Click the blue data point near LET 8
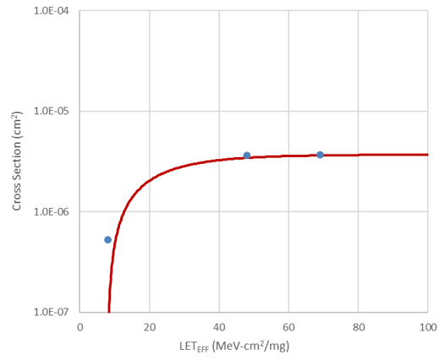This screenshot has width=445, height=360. [108, 240]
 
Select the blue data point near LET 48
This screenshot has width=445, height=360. [247, 155]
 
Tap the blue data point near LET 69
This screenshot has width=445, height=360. [320, 155]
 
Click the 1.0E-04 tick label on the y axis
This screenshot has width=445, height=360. [52, 12]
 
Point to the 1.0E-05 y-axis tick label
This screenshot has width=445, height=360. [52, 112]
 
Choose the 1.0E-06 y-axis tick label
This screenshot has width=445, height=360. [52, 211]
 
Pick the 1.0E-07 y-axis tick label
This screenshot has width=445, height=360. [52, 311]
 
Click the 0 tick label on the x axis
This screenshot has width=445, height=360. [80, 326]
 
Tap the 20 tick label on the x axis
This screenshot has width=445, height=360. [150, 326]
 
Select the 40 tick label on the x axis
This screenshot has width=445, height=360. [219, 326]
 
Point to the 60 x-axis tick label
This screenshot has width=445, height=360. [288, 326]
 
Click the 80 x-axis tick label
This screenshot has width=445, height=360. [358, 326]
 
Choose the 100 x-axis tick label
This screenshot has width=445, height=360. [427, 326]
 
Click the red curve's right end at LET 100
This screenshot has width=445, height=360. [427, 155]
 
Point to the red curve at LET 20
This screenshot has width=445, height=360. [150, 180]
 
